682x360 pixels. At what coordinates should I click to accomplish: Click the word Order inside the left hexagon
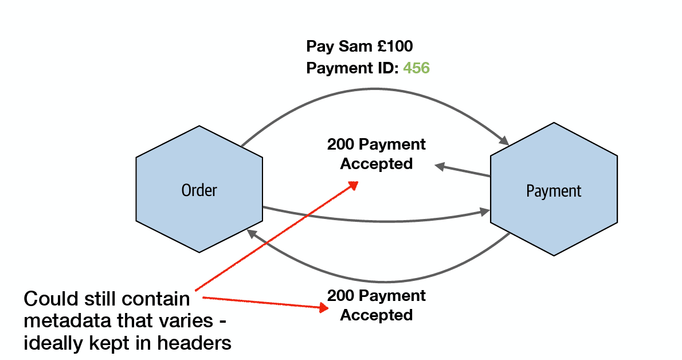point(199,190)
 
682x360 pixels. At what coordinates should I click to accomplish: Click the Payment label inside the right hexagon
point(554,191)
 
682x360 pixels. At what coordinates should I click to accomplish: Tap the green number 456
point(416,68)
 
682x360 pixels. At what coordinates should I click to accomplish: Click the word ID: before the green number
point(386,68)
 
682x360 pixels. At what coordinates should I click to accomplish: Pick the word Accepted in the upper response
point(376,164)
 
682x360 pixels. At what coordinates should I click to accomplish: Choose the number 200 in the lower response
point(341,296)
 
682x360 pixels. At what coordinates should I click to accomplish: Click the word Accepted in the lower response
point(376,315)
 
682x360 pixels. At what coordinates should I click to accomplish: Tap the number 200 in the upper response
point(341,144)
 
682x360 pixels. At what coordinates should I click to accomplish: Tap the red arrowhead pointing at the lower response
point(323,308)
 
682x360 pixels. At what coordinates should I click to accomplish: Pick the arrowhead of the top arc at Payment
point(504,140)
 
